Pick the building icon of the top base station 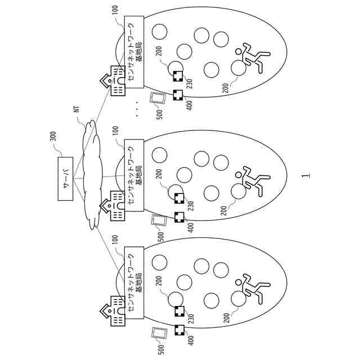[x=114, y=82]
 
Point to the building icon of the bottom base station [x=114, y=313]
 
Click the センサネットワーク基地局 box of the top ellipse [x=134, y=49]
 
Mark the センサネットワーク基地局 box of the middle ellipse [x=134, y=175]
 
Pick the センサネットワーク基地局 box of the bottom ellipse [x=134, y=279]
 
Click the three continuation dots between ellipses [x=137, y=108]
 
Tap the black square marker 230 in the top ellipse [x=178, y=78]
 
